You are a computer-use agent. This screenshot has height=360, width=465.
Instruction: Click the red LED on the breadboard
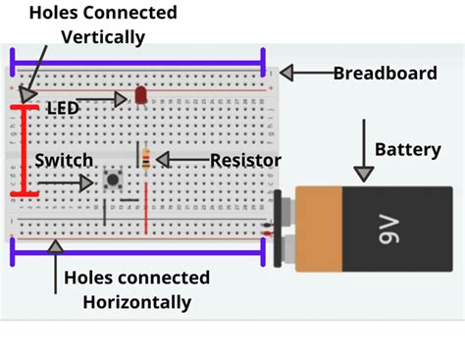(x=140, y=95)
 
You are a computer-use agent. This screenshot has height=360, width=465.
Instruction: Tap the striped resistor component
(x=146, y=159)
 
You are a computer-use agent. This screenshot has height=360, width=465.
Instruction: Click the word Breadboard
(x=384, y=73)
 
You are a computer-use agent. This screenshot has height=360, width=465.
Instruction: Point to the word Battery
(x=408, y=150)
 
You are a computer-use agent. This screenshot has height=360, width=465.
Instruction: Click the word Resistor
(x=246, y=160)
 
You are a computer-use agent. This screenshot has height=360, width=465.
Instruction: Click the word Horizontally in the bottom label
(x=128, y=300)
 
